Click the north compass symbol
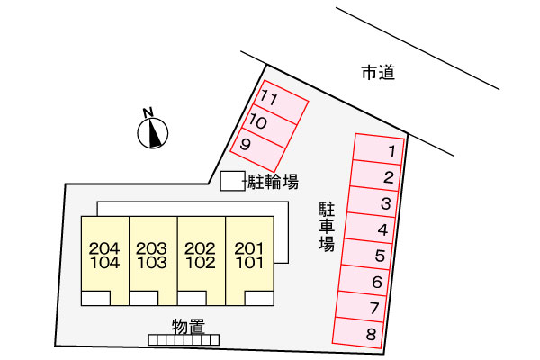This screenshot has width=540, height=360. pyautogui.click(x=153, y=133)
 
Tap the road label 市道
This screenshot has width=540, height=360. pyautogui.click(x=378, y=73)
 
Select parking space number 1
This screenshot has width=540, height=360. pyautogui.click(x=378, y=149)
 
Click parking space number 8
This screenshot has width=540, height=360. pyautogui.click(x=358, y=333)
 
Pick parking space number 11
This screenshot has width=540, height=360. pyautogui.click(x=280, y=103)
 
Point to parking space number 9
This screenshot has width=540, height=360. pyautogui.click(x=257, y=150)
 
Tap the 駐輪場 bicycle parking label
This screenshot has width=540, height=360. pyautogui.click(x=273, y=182)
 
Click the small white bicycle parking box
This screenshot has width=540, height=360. pyautogui.click(x=232, y=181)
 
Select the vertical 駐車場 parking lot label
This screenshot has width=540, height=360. pyautogui.click(x=326, y=228)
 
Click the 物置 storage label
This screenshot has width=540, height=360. pyautogui.click(x=188, y=326)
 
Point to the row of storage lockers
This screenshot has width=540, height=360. pyautogui.click(x=184, y=339)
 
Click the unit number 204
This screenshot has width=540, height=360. pyautogui.click(x=104, y=248)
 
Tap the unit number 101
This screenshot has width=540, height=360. pyautogui.click(x=249, y=263)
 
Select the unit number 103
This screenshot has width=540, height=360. pyautogui.click(x=152, y=263)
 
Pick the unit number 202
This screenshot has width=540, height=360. pyautogui.click(x=201, y=248)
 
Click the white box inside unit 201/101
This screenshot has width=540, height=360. pyautogui.click(x=259, y=298)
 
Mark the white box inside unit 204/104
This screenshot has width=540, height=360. pyautogui.click(x=95, y=298)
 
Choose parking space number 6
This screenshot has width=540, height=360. pyautogui.click(x=364, y=280)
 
